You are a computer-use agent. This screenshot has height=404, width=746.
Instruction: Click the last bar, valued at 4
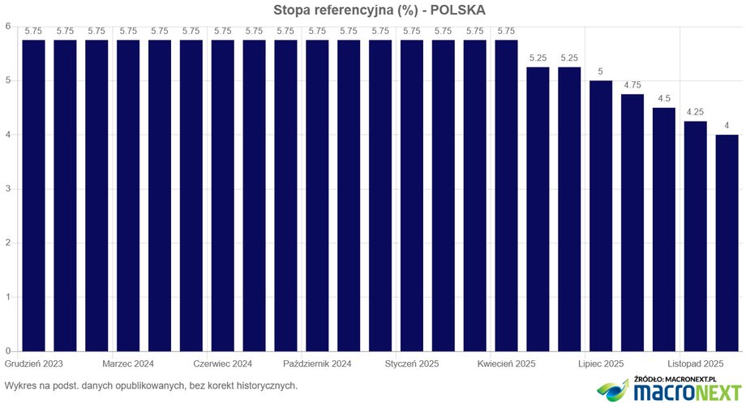point(727,243)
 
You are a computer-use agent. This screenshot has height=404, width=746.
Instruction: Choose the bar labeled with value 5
point(601,216)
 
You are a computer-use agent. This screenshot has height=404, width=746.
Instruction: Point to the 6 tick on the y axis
point(7,26)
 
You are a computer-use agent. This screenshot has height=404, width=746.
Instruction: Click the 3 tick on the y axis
point(7,189)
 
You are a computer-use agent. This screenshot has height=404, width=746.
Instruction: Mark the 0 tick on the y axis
point(7,351)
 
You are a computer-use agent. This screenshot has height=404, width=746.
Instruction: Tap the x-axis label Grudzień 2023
point(34,364)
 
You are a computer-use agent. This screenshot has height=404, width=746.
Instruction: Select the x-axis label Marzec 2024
point(128,364)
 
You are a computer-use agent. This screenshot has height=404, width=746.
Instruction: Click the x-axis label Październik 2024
point(317,364)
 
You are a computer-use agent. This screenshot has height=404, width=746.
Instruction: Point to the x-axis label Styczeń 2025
point(412,364)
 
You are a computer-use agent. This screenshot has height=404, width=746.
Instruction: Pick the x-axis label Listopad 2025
point(696,364)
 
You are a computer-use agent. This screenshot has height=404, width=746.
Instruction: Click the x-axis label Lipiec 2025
point(601,364)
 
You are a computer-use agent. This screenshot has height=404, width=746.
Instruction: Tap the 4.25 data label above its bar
point(696,113)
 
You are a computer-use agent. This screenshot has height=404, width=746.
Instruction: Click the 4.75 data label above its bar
point(632,85)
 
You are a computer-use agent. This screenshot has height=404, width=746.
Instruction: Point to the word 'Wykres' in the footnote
point(19,385)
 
